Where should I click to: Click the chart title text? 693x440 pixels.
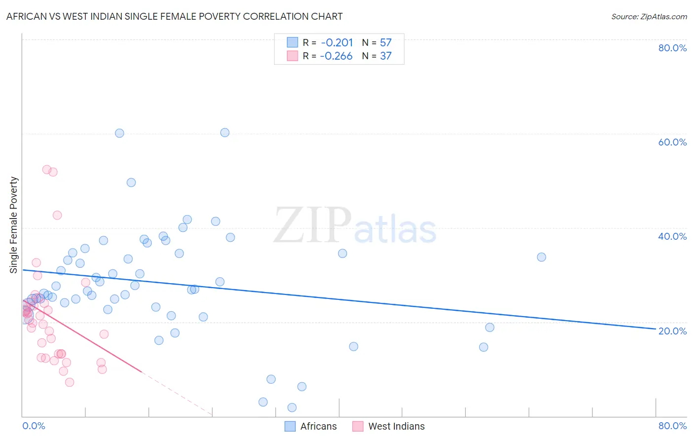(x=174, y=16)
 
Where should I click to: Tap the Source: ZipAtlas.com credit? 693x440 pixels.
(x=649, y=16)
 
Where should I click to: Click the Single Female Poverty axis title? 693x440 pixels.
(x=14, y=225)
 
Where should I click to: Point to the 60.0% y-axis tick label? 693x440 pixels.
(x=672, y=142)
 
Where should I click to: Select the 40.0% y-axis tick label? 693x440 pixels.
(x=672, y=236)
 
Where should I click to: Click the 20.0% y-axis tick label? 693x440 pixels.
(x=672, y=331)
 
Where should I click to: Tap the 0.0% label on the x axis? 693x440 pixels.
(x=34, y=426)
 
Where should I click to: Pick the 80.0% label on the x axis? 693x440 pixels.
(x=672, y=426)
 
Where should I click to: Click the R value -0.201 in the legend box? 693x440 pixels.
(x=337, y=43)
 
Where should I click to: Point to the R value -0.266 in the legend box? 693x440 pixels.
(x=336, y=56)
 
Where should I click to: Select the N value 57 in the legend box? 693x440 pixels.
(x=385, y=43)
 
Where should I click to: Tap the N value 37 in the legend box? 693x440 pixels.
(x=385, y=56)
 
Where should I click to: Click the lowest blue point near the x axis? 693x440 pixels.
(x=292, y=407)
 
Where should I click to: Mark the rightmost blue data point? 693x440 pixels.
(x=541, y=257)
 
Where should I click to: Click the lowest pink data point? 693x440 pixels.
(x=69, y=382)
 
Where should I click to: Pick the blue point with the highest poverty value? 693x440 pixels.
(x=225, y=132)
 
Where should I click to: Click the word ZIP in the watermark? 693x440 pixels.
(x=312, y=225)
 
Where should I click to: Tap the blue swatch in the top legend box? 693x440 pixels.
(x=292, y=42)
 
